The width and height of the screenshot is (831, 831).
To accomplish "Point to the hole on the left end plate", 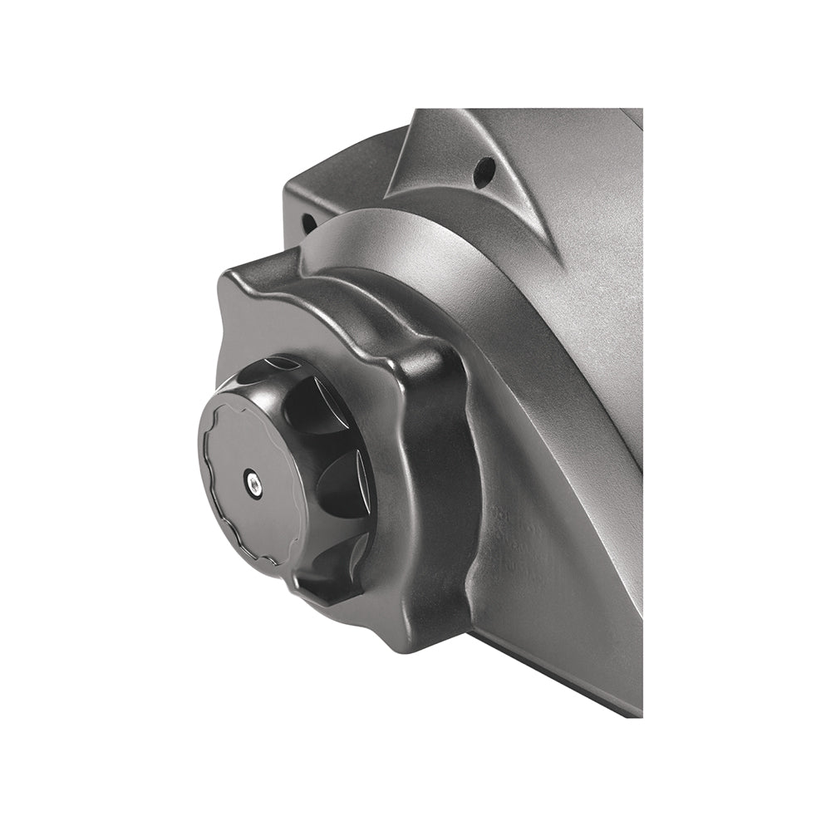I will pos(307,223).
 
